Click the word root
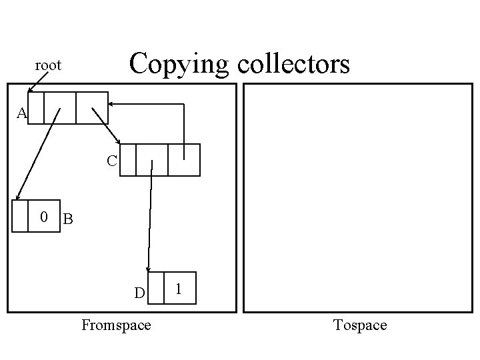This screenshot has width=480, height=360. click(48, 65)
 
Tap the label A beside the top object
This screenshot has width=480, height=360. click(22, 114)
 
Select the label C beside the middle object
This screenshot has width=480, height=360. click(112, 161)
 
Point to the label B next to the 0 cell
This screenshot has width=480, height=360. click(67, 219)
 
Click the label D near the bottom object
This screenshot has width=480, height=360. click(139, 293)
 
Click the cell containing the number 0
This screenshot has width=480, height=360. click(44, 216)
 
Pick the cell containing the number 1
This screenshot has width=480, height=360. click(180, 288)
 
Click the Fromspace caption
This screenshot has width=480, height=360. click(115, 325)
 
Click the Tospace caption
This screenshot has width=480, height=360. click(360, 325)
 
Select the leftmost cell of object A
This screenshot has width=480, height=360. click(36, 108)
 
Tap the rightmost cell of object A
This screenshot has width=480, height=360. click(92, 108)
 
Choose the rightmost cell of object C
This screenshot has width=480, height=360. click(184, 160)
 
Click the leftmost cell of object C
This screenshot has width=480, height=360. click(128, 160)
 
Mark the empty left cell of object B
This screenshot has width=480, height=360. click(21, 216)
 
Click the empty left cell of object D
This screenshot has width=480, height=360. click(155, 288)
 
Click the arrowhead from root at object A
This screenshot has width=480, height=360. click(30, 90)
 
